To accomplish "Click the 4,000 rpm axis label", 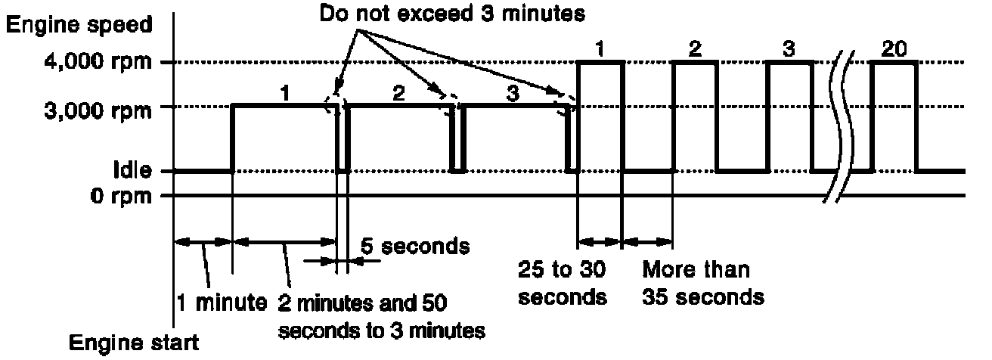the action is [98, 61].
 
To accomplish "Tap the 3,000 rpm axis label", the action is [98, 110].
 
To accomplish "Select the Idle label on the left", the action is [132, 170].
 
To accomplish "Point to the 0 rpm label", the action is [121, 196].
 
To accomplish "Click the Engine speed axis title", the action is [79, 25].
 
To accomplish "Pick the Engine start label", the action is [134, 343].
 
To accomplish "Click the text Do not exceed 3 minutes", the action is [452, 14].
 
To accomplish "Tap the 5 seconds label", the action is [415, 247].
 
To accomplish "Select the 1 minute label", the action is [222, 303].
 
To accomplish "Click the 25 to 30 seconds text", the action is [563, 284].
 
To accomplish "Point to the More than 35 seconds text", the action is [703, 284].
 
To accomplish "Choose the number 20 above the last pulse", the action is [894, 49].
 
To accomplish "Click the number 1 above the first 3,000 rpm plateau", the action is [285, 94].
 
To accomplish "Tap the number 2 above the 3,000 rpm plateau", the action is [398, 94].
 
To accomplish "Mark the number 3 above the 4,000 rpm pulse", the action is [789, 49].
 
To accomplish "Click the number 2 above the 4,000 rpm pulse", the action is [696, 49].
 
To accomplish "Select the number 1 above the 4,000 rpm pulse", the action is [600, 49].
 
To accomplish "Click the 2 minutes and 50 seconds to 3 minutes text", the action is [382, 317].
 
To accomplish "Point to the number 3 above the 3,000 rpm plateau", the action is [513, 94].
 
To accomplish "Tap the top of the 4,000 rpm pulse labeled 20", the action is [894, 63].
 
